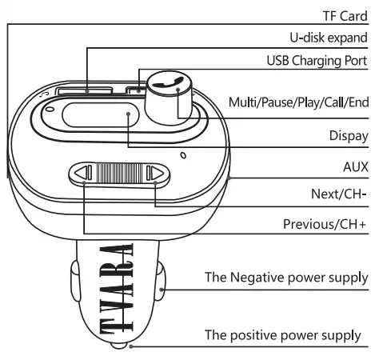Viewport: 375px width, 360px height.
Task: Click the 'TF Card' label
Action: click(341, 14)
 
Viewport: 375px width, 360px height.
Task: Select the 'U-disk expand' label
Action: click(328, 38)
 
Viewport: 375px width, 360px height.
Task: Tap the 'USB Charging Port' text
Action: click(317, 61)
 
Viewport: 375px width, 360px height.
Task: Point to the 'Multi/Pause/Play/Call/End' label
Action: click(298, 102)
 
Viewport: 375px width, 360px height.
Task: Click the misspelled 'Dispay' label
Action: click(348, 135)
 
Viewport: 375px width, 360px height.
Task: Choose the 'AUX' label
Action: click(354, 166)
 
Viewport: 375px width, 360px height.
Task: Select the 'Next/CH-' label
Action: click(339, 194)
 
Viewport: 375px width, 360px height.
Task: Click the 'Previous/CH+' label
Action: click(325, 224)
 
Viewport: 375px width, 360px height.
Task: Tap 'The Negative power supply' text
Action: click(285, 278)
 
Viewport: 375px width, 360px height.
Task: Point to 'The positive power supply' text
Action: click(283, 334)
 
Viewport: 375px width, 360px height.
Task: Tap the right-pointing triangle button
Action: click(157, 174)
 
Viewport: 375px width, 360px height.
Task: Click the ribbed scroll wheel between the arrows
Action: click(120, 174)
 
